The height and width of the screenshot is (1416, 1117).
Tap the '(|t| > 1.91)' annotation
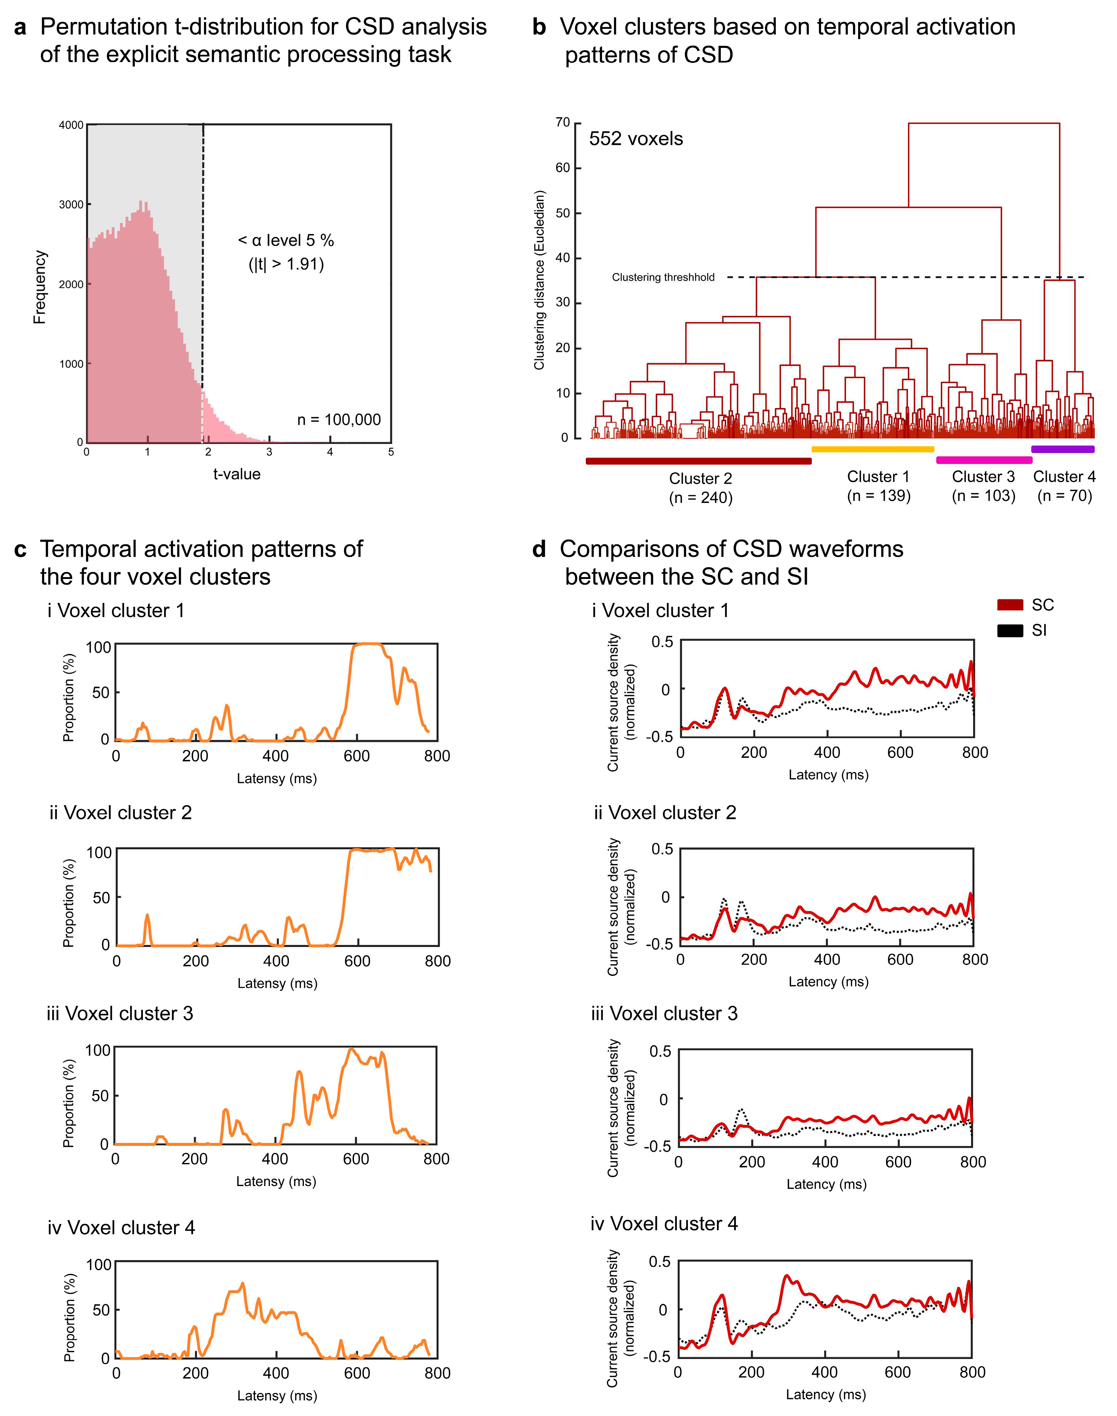286,264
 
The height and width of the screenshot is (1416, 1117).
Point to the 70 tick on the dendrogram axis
562,122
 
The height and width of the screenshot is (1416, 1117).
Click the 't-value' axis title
237,474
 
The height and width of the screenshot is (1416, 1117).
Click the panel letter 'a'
20,27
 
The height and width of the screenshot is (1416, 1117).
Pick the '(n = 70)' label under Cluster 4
1064,496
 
